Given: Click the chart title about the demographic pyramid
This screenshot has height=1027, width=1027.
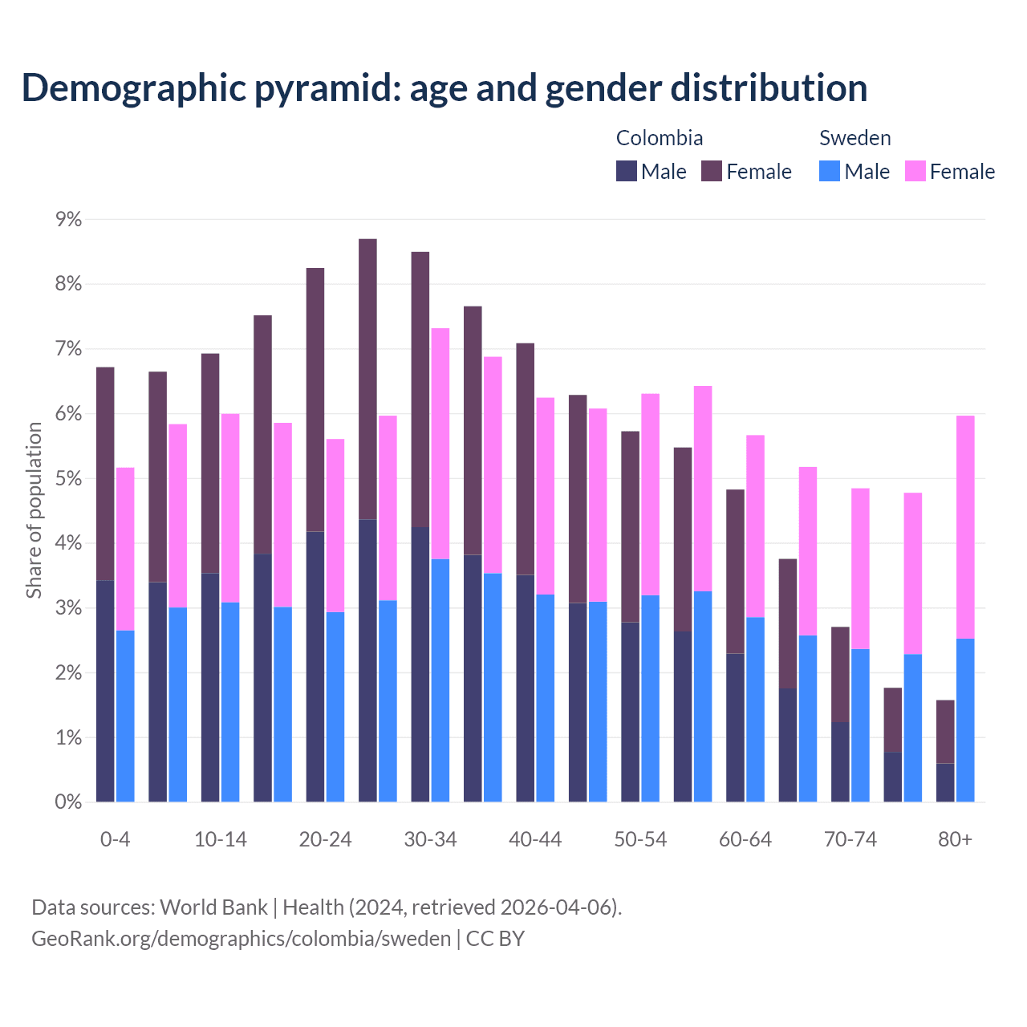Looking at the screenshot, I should point(444,88).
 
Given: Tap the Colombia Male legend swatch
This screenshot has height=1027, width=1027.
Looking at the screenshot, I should point(627,171).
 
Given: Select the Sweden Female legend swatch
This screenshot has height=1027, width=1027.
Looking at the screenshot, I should point(915,171).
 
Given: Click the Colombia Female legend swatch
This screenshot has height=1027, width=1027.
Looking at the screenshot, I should point(712,171).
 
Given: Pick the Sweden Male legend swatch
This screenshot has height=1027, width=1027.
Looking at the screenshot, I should point(830,171).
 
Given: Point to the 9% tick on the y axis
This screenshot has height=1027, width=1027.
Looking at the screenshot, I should point(67,219).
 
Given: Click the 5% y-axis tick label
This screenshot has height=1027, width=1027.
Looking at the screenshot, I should point(67,479).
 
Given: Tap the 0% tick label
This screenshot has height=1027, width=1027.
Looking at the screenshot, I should point(67,802).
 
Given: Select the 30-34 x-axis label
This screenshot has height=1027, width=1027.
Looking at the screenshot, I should point(430,839).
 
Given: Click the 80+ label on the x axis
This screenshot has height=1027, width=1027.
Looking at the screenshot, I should point(955,839).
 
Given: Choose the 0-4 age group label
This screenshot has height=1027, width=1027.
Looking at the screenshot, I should point(115,839).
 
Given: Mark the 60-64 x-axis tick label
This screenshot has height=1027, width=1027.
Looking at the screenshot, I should point(745,839).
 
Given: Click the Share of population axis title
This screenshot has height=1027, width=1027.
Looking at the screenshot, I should point(34,510).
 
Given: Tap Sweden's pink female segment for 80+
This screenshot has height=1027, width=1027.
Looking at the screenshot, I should point(965,526).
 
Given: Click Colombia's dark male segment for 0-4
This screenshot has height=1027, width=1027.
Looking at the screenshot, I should point(105,691).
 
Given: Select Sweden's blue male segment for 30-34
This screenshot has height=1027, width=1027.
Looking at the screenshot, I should point(440,680).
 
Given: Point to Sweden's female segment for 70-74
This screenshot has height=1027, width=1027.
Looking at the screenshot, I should point(860,568).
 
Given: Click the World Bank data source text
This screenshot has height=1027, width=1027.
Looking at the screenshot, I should point(213,907).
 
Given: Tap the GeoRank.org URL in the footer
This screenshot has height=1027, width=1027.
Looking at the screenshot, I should point(241,939).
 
